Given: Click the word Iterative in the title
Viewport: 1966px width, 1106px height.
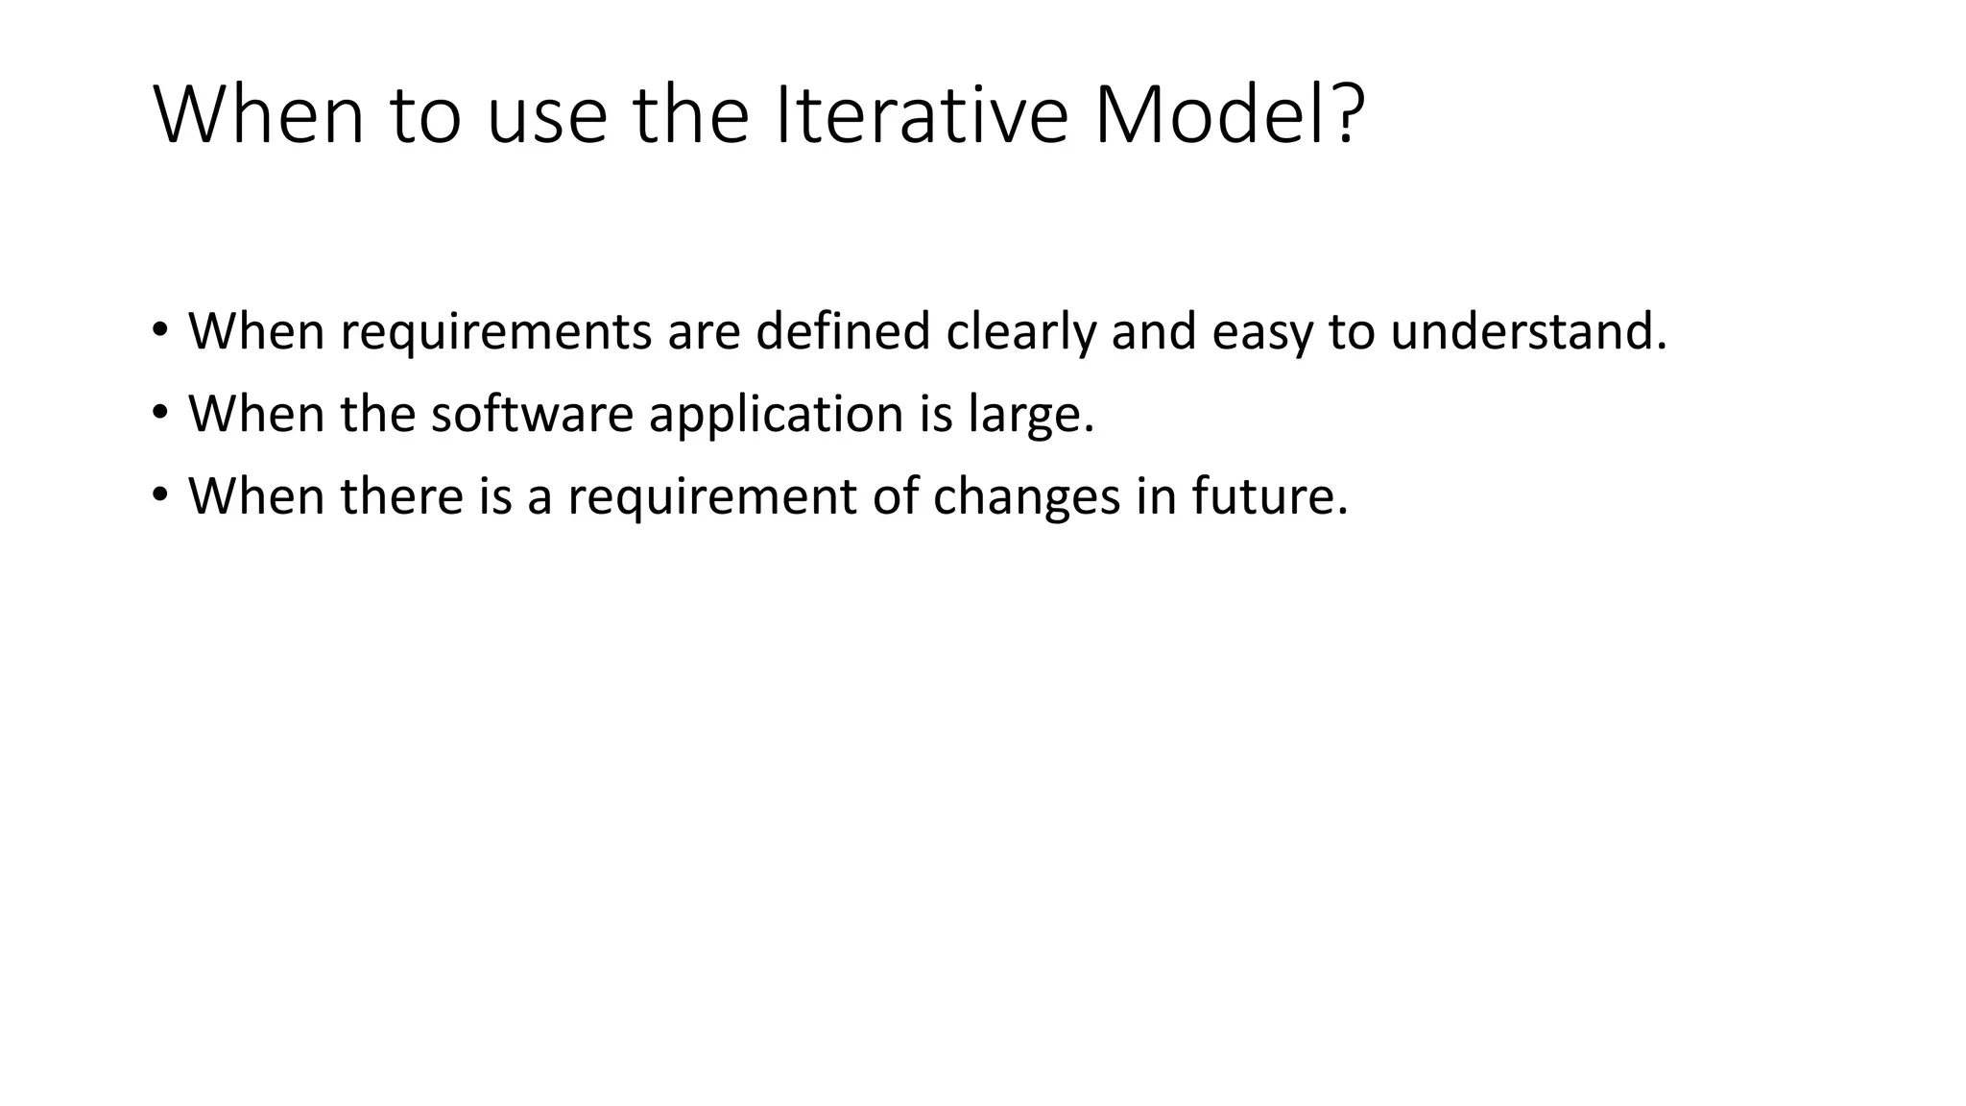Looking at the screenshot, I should coord(921,116).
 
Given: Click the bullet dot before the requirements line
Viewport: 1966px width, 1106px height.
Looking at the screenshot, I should coord(159,330).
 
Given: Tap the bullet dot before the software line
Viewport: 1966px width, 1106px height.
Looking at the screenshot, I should coord(159,413).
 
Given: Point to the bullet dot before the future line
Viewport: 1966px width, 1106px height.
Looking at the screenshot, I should coord(159,495).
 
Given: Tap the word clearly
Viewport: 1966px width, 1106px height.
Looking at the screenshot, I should coord(1020,332).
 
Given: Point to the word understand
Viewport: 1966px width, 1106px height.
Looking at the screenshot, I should coord(1526,330).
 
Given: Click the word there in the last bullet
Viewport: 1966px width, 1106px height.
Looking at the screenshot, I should coord(401,495).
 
